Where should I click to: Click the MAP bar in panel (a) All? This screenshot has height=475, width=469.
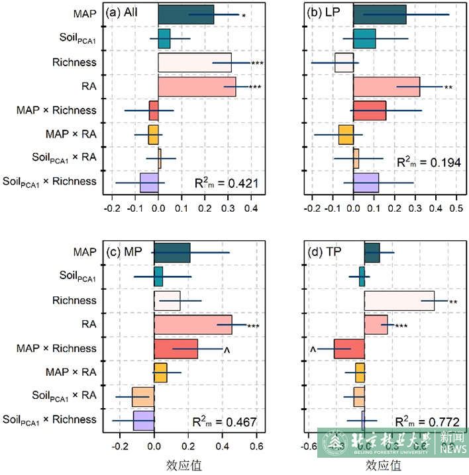[186, 15]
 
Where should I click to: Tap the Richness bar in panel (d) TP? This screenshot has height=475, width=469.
[399, 301]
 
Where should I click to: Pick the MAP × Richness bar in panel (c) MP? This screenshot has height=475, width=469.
[176, 349]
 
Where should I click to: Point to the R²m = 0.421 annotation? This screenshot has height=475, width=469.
[226, 183]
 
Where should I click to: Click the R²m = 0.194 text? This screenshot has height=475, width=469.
[427, 162]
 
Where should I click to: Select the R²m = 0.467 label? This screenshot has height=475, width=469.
[225, 422]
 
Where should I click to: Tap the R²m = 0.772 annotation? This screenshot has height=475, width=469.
[427, 421]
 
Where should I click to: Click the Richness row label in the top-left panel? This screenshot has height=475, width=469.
[74, 62]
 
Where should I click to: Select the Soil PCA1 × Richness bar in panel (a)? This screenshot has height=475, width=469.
[148, 182]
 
